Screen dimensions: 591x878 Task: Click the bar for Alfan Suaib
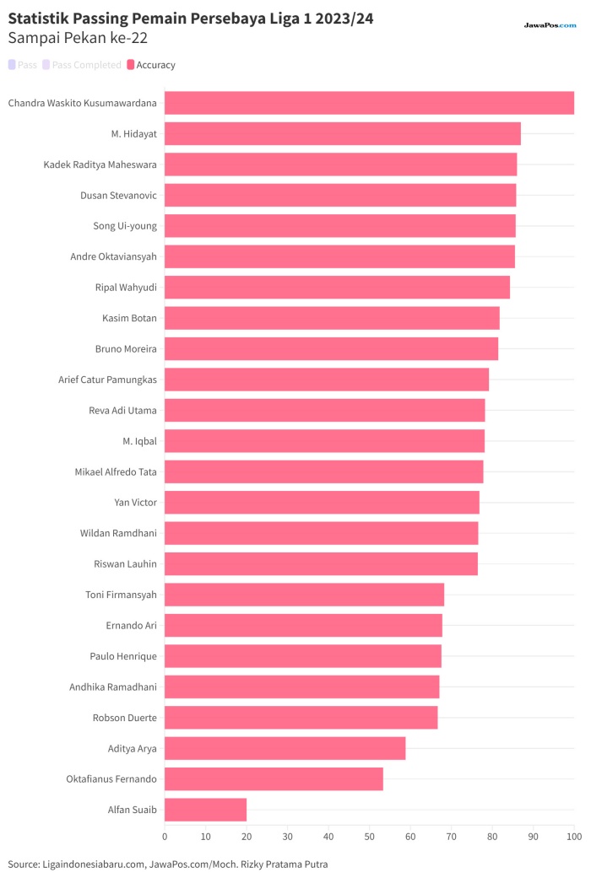tap(205, 809)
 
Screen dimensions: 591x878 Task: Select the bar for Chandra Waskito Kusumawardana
tap(369, 103)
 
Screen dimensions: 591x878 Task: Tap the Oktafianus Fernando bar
tap(274, 778)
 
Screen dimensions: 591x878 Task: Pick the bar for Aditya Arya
tap(285, 748)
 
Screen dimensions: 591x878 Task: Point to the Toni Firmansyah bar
tap(304, 595)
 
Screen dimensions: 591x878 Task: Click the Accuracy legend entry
tap(151, 65)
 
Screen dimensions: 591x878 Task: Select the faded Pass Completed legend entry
tap(82, 65)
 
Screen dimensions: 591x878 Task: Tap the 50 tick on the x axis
tap(369, 837)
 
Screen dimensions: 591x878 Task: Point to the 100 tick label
tap(574, 837)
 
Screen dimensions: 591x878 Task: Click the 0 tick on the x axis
tap(165, 837)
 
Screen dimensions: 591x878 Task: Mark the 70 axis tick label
tap(452, 837)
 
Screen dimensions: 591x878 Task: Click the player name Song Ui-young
tap(125, 226)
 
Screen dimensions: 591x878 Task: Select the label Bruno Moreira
tap(126, 349)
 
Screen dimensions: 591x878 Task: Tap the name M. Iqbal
tap(139, 441)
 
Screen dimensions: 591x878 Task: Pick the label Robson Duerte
tap(125, 718)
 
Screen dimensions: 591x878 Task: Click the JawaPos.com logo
tap(550, 25)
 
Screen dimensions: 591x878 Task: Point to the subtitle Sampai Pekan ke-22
tap(78, 39)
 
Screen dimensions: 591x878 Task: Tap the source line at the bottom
tap(168, 864)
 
